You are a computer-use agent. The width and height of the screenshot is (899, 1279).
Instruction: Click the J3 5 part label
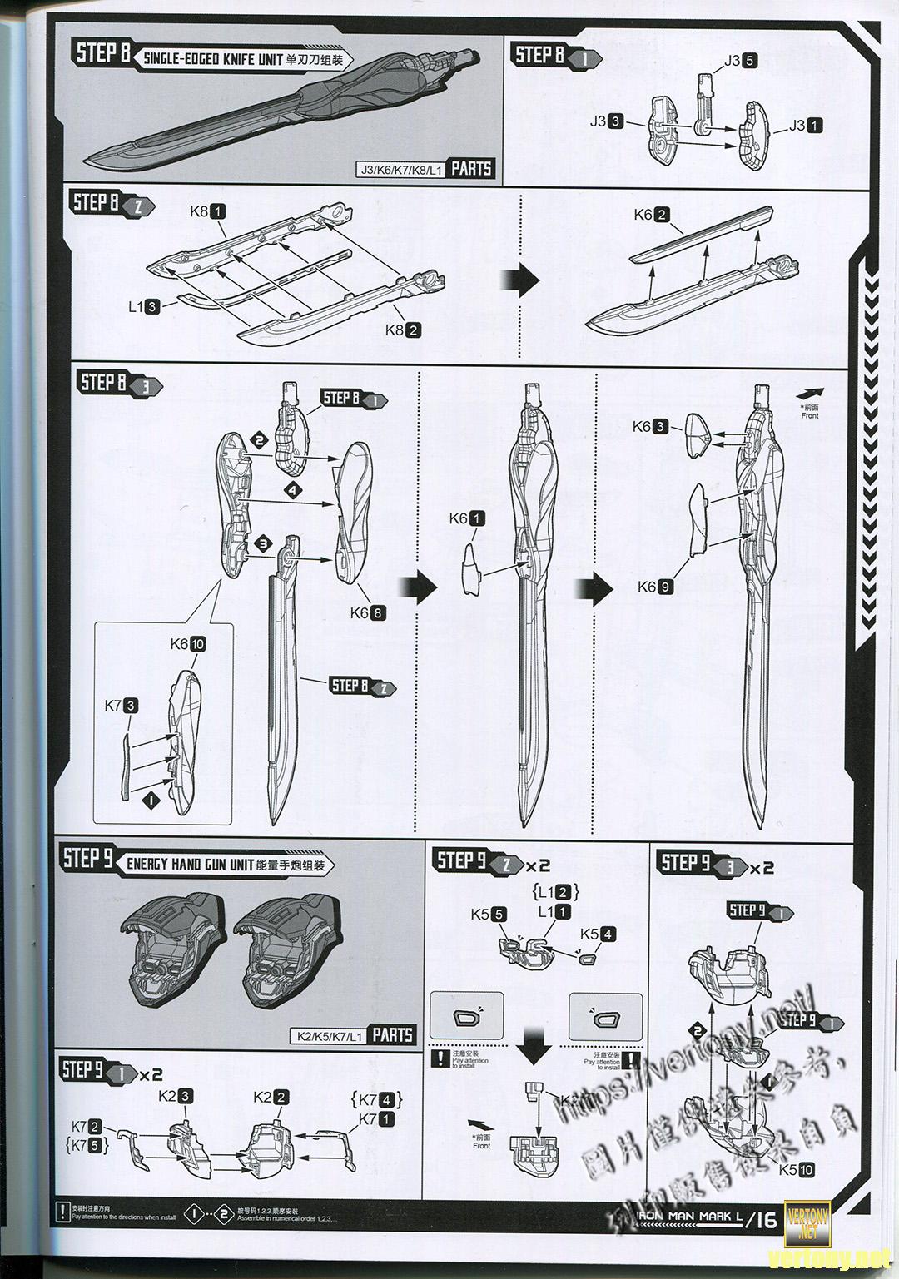click(x=739, y=60)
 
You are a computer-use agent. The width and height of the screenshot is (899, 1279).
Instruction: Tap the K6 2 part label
click(x=651, y=215)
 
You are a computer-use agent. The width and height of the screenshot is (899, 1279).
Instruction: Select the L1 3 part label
click(x=143, y=307)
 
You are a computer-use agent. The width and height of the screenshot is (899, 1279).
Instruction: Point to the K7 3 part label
click(x=122, y=706)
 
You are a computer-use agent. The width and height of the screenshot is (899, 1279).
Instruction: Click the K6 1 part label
click(x=466, y=518)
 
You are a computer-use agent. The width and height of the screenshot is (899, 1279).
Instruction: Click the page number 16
click(x=764, y=1221)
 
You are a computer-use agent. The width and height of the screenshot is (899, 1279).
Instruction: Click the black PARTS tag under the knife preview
click(x=471, y=169)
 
